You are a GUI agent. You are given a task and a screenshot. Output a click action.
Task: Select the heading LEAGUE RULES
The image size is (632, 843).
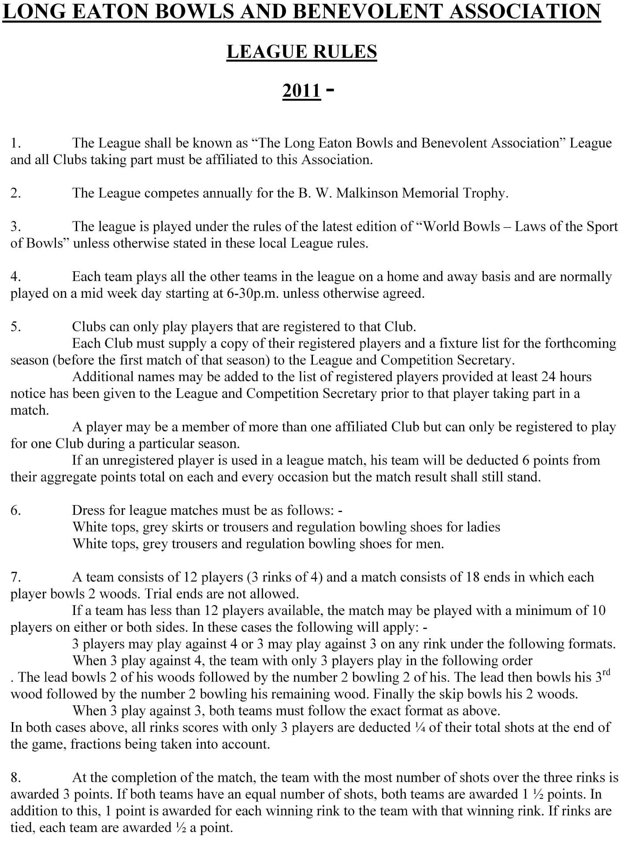[302, 52]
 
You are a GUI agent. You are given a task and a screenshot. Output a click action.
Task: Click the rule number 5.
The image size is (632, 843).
[15, 327]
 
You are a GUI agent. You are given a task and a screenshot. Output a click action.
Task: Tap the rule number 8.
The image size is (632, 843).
[15, 777]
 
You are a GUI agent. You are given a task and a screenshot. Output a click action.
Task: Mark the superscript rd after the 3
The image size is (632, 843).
[606, 673]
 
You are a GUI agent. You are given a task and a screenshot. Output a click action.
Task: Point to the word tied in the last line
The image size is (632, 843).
[22, 828]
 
